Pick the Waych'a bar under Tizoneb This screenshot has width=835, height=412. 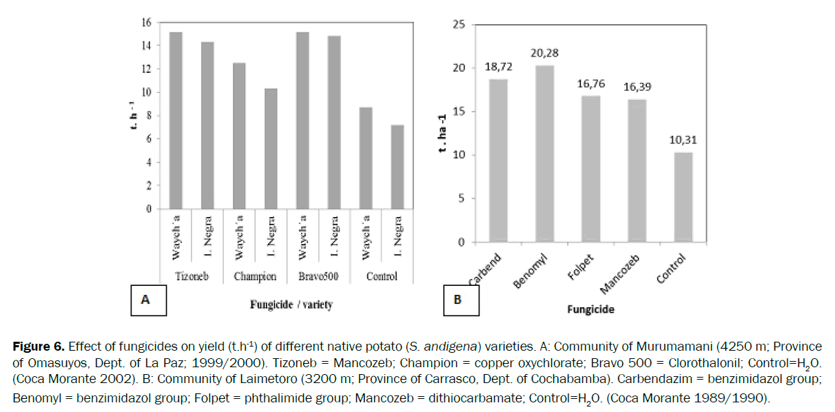pos(177,121)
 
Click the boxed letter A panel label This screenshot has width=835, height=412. pos(145,300)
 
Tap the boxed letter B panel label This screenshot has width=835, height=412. pos(457,300)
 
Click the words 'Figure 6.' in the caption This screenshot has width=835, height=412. pos(32,346)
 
